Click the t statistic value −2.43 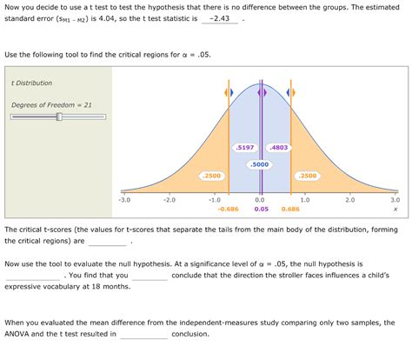click(x=220, y=18)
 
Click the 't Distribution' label click(x=31, y=83)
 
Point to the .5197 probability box click(x=244, y=148)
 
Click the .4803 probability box click(x=279, y=148)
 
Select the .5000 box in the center click(x=259, y=163)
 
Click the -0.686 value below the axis click(x=228, y=209)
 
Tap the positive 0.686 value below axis click(x=290, y=209)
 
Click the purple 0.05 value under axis click(x=261, y=209)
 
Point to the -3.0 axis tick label click(x=124, y=200)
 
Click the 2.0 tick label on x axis click(x=349, y=200)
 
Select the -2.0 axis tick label click(x=169, y=200)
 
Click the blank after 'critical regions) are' click(x=107, y=242)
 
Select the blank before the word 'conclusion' click(x=143, y=335)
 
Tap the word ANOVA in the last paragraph click(x=19, y=334)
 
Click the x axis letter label click(x=395, y=209)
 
